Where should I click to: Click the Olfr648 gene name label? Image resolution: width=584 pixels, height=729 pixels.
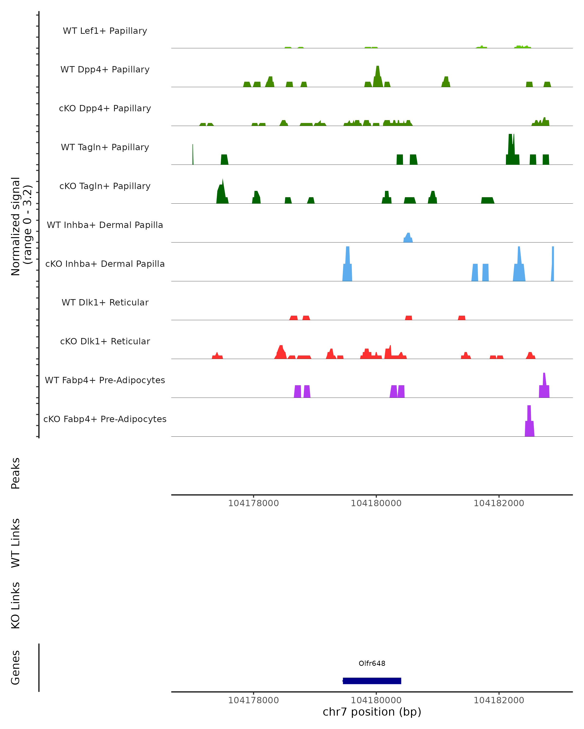click(x=372, y=663)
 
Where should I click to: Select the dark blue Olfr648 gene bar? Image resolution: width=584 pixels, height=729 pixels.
click(x=372, y=681)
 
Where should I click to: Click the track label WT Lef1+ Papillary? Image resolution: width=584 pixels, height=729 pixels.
click(x=105, y=31)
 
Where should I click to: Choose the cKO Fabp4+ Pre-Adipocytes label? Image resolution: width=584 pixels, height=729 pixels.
click(x=105, y=419)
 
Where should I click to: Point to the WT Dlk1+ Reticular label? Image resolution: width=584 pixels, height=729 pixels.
click(x=105, y=302)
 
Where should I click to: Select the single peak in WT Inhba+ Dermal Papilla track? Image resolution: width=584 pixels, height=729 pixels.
click(x=408, y=238)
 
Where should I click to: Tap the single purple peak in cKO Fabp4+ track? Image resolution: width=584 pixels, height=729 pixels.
click(x=529, y=423)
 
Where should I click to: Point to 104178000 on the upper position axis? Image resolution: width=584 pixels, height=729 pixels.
click(x=253, y=503)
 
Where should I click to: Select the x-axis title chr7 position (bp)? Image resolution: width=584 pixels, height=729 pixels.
click(x=372, y=712)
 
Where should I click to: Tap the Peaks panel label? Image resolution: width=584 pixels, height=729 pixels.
click(x=16, y=473)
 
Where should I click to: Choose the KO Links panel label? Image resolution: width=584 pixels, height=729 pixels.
click(x=16, y=605)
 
